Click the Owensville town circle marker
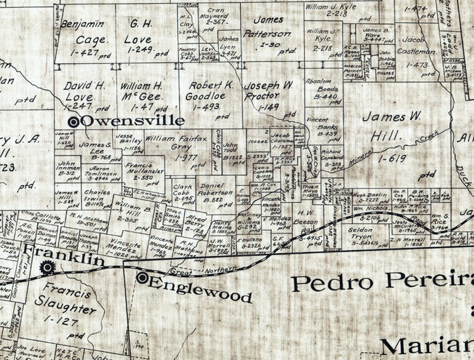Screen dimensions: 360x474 [x=74, y=122]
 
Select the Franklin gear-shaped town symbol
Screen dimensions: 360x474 [x=47, y=267]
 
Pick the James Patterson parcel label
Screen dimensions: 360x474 [x=268, y=27]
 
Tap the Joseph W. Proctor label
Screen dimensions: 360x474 [x=268, y=91]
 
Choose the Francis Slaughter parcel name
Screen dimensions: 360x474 [x=67, y=298]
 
